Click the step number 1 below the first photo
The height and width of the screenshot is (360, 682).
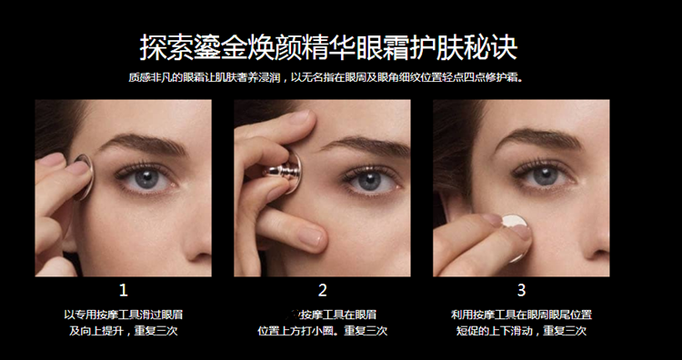[x=124, y=290]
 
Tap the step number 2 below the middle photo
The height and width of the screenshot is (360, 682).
[x=322, y=290]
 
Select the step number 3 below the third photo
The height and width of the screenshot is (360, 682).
[x=521, y=290]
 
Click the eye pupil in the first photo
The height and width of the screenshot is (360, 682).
[x=147, y=178]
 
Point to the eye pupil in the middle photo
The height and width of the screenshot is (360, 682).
[x=369, y=180]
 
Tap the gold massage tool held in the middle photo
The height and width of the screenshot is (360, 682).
[x=285, y=171]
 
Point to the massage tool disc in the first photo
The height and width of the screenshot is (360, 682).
[x=84, y=176]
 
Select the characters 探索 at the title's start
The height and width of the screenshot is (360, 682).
[x=166, y=47]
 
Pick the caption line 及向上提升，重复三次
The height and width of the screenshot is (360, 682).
[x=124, y=331]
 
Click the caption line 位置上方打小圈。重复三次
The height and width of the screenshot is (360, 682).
[x=322, y=331]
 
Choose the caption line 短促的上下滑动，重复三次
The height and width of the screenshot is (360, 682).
[x=521, y=331]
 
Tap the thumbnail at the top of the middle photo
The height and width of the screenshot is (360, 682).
[x=300, y=117]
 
